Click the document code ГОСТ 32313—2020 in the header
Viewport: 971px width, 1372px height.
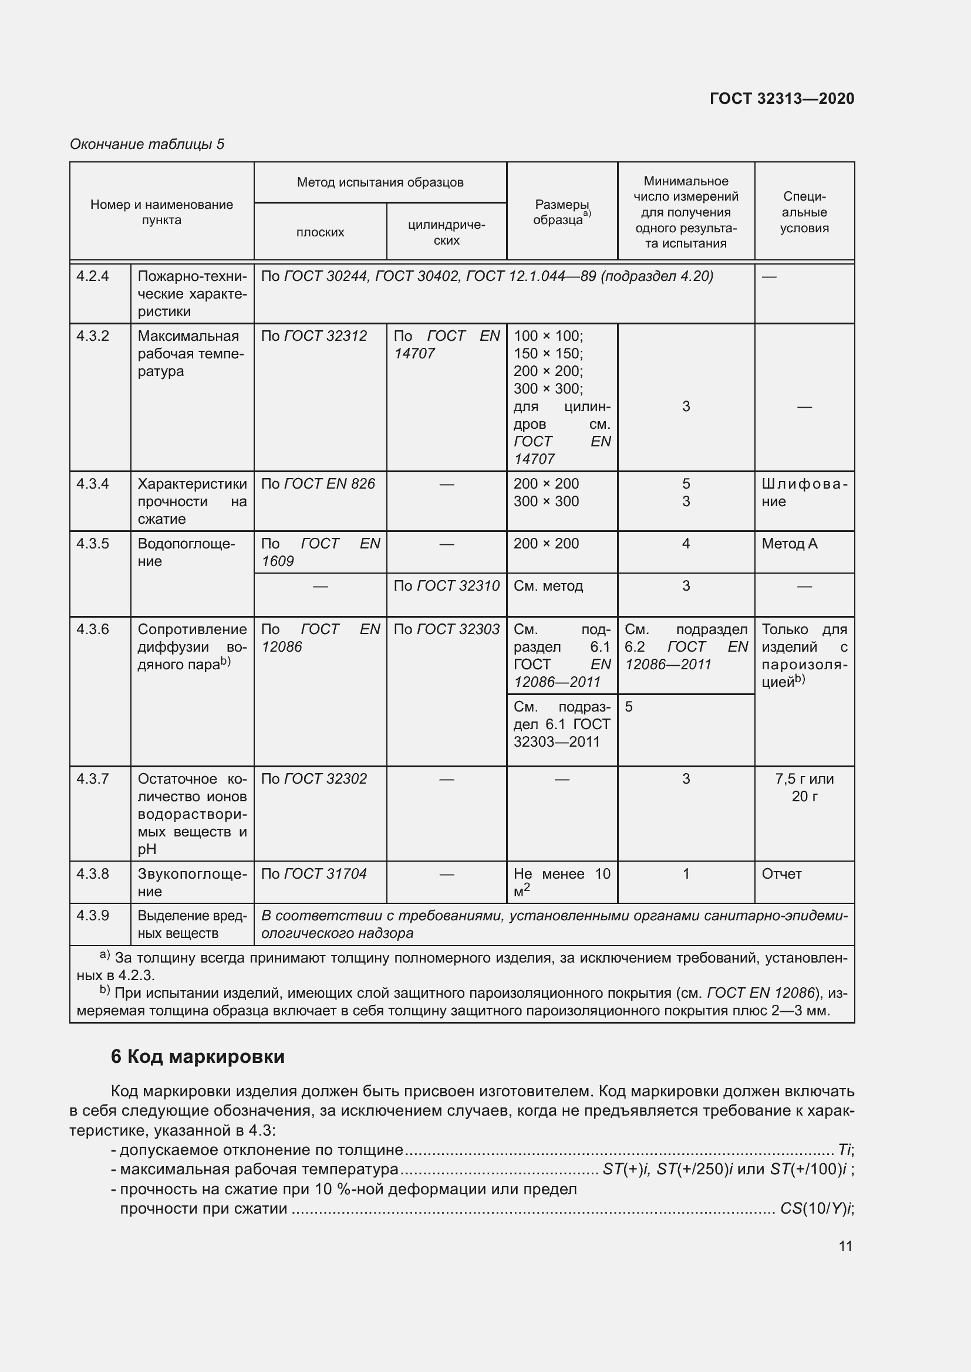click(781, 99)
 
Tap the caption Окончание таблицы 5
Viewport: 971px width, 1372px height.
click(147, 144)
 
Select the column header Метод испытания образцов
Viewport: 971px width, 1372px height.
click(380, 182)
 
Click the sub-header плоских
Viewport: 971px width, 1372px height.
click(320, 232)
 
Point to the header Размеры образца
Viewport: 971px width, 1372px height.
click(561, 212)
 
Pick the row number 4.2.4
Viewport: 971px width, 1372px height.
click(93, 276)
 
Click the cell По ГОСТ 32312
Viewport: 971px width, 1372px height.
click(314, 336)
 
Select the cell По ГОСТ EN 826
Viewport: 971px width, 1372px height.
click(318, 483)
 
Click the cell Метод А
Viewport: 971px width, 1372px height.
click(789, 543)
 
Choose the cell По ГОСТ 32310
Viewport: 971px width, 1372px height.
click(446, 585)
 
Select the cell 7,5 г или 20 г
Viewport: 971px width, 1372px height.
click(804, 787)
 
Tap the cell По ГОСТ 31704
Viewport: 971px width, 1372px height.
click(314, 873)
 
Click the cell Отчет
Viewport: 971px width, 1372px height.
click(781, 873)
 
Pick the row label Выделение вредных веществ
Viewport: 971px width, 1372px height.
click(191, 924)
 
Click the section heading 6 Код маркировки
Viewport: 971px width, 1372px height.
click(197, 1056)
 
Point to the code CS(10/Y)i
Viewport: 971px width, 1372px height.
click(816, 1208)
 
